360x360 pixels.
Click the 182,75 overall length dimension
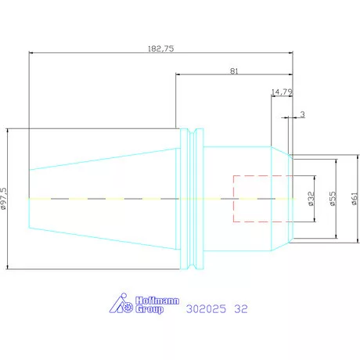(x=160, y=49)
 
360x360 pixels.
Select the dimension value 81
(x=235, y=70)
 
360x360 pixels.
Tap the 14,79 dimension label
(x=282, y=92)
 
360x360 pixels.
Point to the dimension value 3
(x=302, y=114)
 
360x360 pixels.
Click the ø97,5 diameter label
(x=5, y=200)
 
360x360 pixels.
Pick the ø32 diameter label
(x=311, y=200)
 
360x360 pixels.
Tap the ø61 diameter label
(x=355, y=200)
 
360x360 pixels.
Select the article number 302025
(x=207, y=309)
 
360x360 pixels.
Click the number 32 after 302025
(x=242, y=309)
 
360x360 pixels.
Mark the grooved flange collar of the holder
(x=191, y=200)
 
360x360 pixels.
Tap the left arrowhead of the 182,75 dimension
(x=31, y=53)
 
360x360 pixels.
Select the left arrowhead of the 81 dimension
(x=178, y=75)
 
